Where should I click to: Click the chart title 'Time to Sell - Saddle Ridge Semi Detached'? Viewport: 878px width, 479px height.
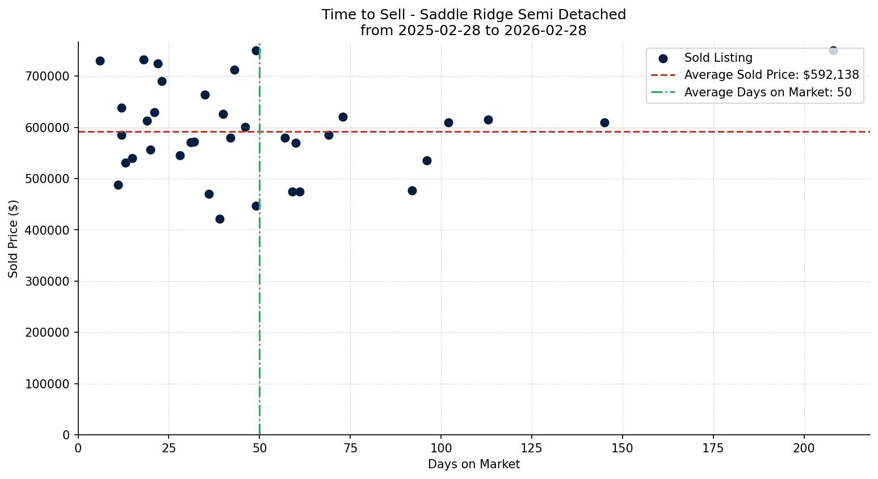[473, 15]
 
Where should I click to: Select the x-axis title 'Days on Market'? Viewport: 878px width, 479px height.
[473, 464]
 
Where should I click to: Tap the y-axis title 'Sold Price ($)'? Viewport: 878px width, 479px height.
[13, 239]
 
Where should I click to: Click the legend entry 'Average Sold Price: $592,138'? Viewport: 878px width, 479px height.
[771, 75]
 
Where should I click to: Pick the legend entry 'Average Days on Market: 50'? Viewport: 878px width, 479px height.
[767, 92]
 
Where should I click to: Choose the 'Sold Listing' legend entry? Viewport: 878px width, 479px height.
[718, 58]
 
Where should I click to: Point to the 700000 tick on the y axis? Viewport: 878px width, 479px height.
[47, 77]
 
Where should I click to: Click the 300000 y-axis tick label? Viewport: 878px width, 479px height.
[47, 282]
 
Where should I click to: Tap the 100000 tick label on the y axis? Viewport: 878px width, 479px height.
[47, 384]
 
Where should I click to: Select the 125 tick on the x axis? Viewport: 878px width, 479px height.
[532, 448]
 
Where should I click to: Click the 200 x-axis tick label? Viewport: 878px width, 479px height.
[804, 448]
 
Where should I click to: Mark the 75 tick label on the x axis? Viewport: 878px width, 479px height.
[350, 448]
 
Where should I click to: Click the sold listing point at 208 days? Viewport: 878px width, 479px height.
[833, 50]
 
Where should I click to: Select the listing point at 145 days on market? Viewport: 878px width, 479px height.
[604, 122]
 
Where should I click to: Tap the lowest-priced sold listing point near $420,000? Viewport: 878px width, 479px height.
[220, 219]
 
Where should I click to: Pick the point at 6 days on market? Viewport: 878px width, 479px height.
[100, 61]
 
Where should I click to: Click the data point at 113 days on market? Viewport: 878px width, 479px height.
[488, 120]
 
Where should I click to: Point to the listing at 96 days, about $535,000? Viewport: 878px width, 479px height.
[427, 160]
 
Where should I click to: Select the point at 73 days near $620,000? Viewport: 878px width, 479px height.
[343, 117]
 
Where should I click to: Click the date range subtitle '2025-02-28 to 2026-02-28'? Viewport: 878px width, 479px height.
[473, 31]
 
